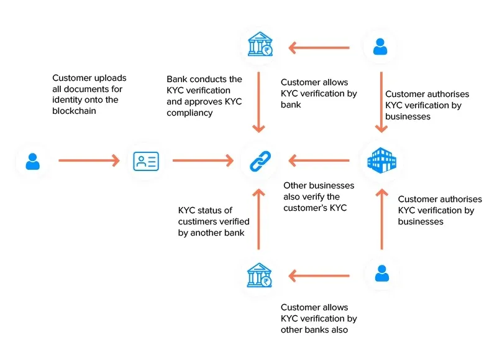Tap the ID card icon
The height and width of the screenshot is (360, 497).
click(146, 162)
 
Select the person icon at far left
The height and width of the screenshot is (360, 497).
click(32, 162)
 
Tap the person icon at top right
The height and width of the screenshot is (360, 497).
click(381, 46)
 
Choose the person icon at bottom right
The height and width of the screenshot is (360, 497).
click(381, 274)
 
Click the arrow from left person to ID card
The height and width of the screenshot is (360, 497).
click(89, 161)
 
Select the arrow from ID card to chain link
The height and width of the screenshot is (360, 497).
click(203, 161)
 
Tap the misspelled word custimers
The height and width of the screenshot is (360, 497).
click(198, 222)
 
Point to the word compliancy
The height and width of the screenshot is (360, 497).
click(190, 113)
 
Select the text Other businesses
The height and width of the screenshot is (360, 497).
click(319, 185)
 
